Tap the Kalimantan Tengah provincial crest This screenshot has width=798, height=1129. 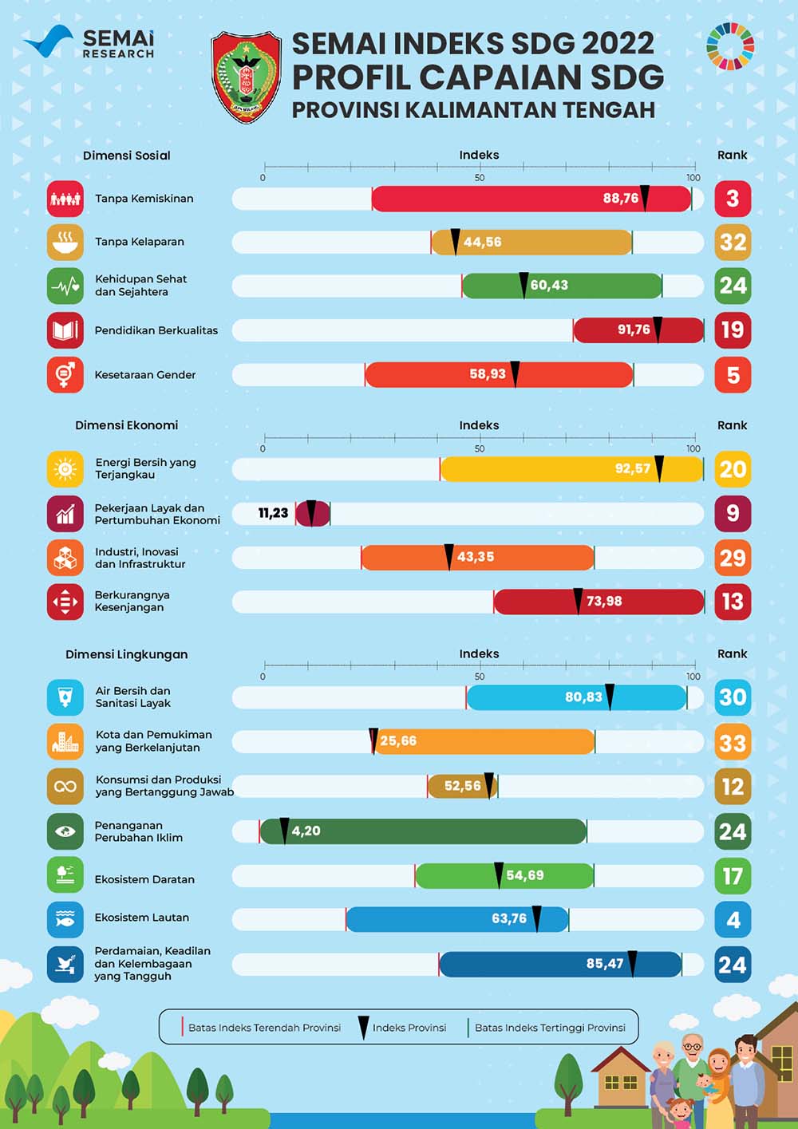[x=246, y=77]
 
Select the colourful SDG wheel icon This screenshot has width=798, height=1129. [x=729, y=46]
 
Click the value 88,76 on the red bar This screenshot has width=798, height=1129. [x=621, y=199]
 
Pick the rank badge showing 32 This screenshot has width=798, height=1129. [x=733, y=242]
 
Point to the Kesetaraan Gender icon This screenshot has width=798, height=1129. [x=65, y=374]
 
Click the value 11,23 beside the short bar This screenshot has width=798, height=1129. [x=273, y=513]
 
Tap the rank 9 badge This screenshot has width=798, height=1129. [x=733, y=513]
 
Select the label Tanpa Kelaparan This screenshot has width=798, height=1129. [x=140, y=242]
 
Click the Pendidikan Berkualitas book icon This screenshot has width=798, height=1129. [x=65, y=330]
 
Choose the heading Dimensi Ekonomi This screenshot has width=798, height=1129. [x=127, y=425]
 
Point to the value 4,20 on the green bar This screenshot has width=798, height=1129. [x=306, y=831]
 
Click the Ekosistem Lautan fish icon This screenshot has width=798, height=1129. [x=65, y=919]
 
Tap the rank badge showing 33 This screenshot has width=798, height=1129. [x=733, y=743]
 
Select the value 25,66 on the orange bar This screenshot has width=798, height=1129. [x=398, y=741]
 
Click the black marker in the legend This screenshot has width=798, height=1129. [x=363, y=1027]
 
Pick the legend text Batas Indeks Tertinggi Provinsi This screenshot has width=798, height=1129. [x=550, y=1028]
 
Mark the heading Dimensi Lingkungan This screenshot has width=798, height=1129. [x=127, y=654]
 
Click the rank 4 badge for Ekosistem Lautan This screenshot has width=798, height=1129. [x=733, y=920]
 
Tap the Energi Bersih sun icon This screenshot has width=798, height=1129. [x=65, y=469]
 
